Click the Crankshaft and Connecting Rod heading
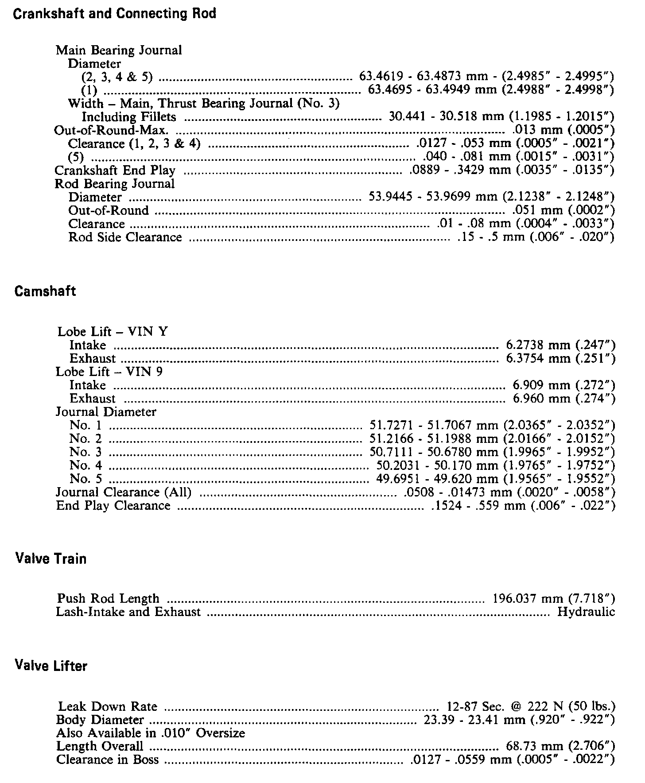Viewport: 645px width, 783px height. (x=115, y=14)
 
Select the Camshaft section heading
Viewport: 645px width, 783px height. (x=45, y=291)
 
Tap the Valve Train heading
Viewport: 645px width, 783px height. (x=51, y=558)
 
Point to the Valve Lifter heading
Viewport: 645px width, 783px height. (x=51, y=666)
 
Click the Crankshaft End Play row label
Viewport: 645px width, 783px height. (x=115, y=171)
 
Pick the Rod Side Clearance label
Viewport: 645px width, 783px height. (x=125, y=237)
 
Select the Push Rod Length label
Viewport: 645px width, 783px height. (x=108, y=599)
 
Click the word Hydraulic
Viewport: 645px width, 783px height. (x=586, y=612)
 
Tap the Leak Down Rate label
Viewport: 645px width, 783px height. (x=108, y=706)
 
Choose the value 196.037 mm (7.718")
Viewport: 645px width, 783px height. (x=554, y=599)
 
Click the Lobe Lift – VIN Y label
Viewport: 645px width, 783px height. (x=113, y=332)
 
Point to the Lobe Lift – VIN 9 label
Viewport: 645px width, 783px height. (x=109, y=372)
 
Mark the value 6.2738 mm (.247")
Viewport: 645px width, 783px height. (x=560, y=345)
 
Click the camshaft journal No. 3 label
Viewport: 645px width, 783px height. (x=85, y=452)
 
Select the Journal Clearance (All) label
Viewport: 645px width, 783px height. (x=124, y=492)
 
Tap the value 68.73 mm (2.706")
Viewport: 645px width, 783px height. (x=560, y=746)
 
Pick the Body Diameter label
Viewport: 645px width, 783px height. (x=100, y=720)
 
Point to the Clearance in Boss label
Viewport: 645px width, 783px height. (x=107, y=760)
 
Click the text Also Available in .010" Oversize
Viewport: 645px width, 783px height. (x=151, y=733)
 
